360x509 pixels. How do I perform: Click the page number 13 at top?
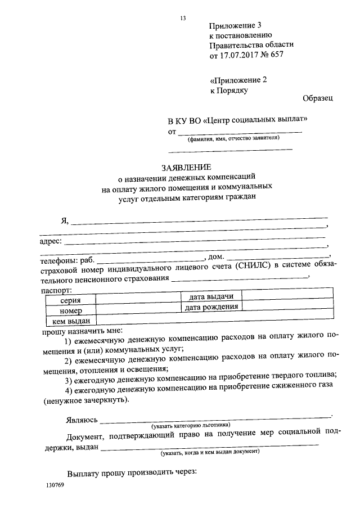182,19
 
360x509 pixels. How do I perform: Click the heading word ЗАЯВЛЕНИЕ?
186,167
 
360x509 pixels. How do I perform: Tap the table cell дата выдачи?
211,296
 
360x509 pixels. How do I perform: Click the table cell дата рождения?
211,307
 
